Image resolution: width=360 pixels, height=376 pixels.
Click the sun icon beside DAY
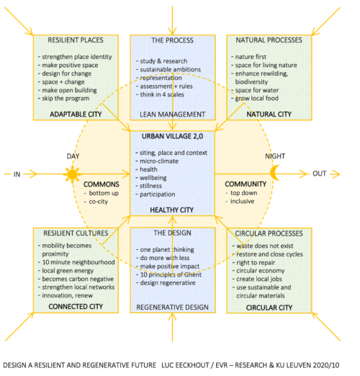[x=71, y=174]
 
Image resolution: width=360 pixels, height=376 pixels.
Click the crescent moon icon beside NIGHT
[x=274, y=173]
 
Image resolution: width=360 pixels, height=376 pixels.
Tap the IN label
[x=17, y=174]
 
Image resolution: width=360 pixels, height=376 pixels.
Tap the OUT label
[x=320, y=174]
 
